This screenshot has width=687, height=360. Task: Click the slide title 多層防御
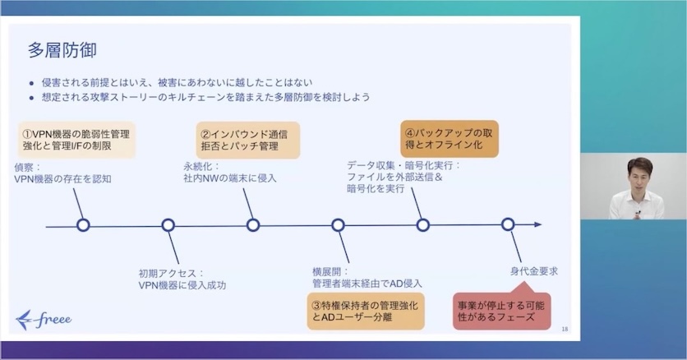click(62, 50)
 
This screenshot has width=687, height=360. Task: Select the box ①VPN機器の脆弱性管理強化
click(76, 141)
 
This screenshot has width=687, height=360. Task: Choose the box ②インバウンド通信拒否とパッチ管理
click(247, 141)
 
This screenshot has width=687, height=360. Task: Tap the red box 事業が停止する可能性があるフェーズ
click(501, 310)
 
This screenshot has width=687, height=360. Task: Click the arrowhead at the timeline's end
click(537, 224)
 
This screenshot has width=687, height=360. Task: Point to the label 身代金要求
click(533, 270)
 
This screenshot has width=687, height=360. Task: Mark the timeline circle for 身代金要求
click(508, 224)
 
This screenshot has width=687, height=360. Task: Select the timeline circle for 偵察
click(82, 224)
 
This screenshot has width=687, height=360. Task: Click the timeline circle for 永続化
click(253, 224)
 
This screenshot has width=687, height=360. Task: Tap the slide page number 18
click(564, 330)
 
